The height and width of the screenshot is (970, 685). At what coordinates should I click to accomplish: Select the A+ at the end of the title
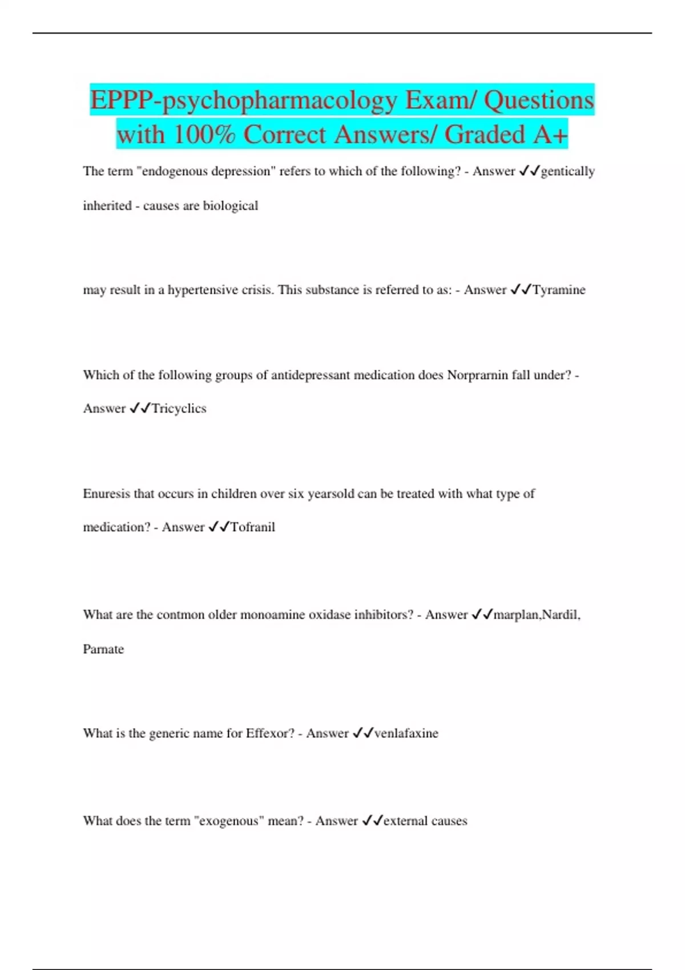[x=551, y=135]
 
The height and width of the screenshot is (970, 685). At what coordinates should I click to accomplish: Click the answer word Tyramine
[x=559, y=290]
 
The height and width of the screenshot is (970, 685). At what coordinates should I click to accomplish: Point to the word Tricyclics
[x=179, y=409]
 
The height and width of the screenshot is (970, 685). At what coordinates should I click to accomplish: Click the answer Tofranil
[x=252, y=527]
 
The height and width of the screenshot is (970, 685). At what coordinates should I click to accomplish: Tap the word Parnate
[x=103, y=649]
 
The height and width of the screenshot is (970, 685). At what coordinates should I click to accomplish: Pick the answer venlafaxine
[x=406, y=733]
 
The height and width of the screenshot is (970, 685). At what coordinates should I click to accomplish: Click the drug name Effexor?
[x=270, y=733]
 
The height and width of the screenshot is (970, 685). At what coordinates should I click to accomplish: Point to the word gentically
[x=567, y=171]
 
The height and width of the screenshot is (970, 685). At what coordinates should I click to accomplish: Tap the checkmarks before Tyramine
[x=521, y=290]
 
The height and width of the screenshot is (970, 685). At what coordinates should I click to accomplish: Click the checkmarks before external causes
[x=372, y=821]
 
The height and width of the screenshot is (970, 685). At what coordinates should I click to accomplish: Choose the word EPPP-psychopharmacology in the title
[x=244, y=100]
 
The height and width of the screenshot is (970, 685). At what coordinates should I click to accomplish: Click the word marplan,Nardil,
[x=537, y=615]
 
